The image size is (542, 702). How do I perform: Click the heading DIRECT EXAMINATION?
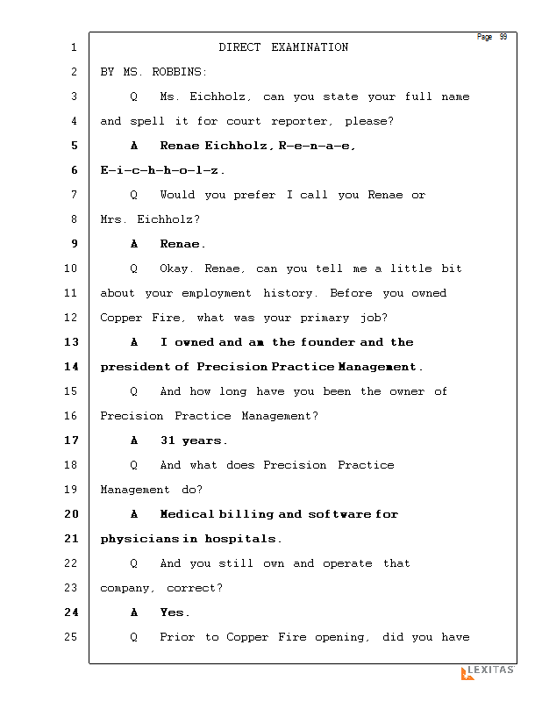point(283,47)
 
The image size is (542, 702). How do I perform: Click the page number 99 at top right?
point(503,37)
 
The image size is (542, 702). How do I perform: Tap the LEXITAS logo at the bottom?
point(488,671)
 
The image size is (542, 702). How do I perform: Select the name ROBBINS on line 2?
point(178,72)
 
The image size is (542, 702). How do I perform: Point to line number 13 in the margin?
point(71,342)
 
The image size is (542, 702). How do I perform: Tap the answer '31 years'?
point(194,441)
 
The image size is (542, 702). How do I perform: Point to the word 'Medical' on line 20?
point(187,514)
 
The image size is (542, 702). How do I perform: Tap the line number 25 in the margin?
point(71,637)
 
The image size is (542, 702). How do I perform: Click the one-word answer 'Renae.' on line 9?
point(182,244)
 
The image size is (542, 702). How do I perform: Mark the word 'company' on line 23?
point(128,588)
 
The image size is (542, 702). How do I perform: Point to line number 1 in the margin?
point(74,47)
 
